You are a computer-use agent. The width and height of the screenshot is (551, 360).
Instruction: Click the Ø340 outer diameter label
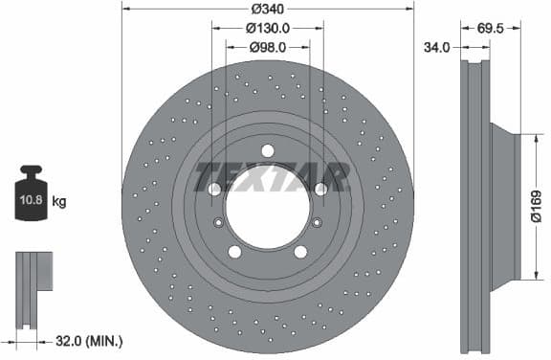tap(268, 10)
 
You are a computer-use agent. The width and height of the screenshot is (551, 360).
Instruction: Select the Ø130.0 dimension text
tap(268, 29)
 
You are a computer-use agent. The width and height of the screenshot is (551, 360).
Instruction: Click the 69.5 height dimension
tap(490, 29)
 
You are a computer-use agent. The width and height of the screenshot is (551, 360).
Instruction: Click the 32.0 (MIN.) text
tap(88, 341)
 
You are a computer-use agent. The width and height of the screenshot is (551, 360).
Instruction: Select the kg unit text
tap(59, 201)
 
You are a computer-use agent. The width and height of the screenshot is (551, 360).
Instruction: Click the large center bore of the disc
tap(268, 205)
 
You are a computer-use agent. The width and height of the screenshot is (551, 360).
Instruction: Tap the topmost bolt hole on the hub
tap(267, 150)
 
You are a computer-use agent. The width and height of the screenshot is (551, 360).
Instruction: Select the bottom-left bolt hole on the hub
tap(234, 252)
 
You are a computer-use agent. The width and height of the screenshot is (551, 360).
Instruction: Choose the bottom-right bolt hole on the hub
tap(300, 252)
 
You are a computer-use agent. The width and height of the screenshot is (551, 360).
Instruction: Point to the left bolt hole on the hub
tap(214, 190)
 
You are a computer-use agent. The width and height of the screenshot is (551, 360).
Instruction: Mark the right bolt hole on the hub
tap(320, 190)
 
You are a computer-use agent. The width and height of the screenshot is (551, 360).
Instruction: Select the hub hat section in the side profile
tap(504, 205)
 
